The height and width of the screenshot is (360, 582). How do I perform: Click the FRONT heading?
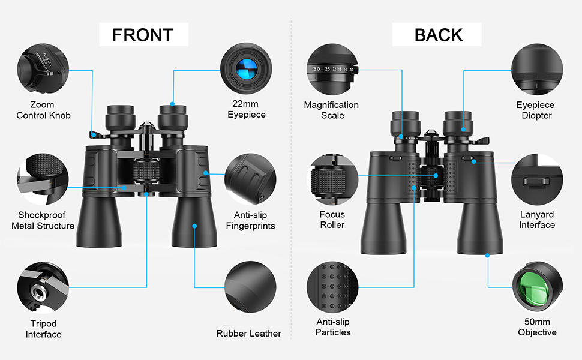pyautogui.click(x=143, y=35)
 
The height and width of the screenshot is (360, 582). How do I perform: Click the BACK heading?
pyautogui.click(x=439, y=35)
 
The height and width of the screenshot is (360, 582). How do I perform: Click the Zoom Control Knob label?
pyautogui.click(x=43, y=110)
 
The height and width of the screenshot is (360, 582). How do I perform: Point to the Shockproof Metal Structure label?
pyautogui.click(x=43, y=220)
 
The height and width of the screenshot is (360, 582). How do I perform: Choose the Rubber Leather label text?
pyautogui.click(x=248, y=333)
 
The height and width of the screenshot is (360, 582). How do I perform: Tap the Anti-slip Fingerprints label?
pyautogui.click(x=250, y=220)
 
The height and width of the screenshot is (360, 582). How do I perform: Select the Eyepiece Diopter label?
pyautogui.click(x=536, y=110)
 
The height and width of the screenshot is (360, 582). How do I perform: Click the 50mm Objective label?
pyautogui.click(x=536, y=327)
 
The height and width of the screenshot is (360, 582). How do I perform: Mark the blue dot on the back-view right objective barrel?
pyautogui.click(x=487, y=255)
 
